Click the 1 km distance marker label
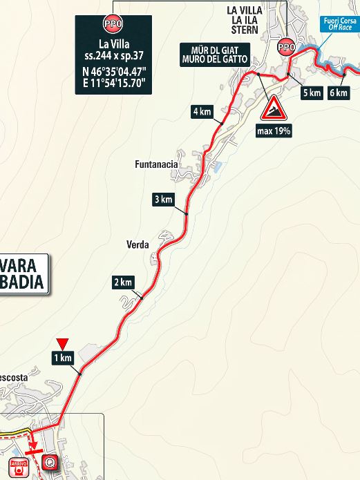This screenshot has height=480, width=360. (62, 357)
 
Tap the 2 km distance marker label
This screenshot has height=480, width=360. (122, 282)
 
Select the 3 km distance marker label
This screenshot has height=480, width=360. (162, 200)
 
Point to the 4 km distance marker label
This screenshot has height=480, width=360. (202, 112)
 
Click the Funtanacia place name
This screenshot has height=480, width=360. (157, 165)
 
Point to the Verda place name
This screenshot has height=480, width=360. (138, 244)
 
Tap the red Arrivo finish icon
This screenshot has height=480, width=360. (20, 464)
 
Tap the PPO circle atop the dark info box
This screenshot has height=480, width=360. (112, 23)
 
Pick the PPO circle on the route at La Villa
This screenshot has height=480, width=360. (285, 48)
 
